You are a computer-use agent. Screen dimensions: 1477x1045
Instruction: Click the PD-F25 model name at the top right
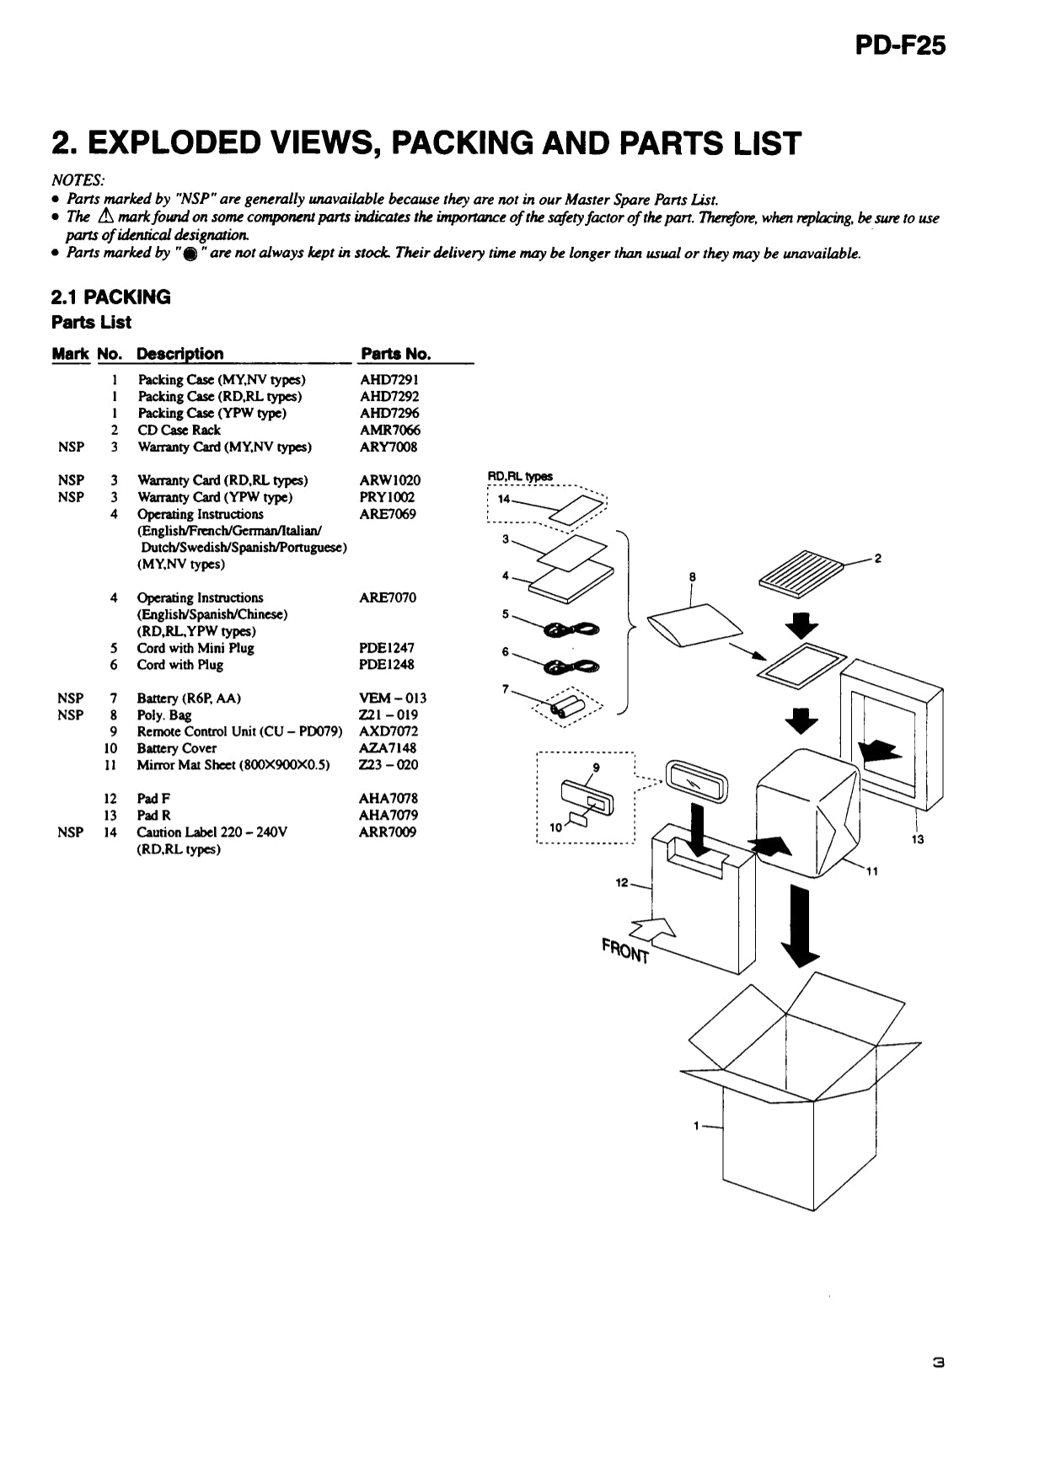click(x=900, y=45)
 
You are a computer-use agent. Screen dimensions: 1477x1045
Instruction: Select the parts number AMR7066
click(x=389, y=430)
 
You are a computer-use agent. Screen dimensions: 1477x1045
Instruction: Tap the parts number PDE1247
click(x=387, y=648)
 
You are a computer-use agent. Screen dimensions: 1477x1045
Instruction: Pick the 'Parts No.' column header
click(x=395, y=354)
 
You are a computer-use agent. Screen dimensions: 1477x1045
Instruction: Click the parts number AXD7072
click(x=388, y=731)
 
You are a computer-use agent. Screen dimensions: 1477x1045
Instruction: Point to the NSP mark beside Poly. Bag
click(x=71, y=714)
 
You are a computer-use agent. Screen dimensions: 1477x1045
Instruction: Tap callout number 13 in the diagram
click(x=917, y=839)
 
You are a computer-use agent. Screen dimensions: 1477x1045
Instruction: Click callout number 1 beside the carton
click(x=696, y=1126)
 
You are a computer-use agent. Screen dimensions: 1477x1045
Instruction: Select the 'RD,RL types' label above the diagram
click(x=520, y=477)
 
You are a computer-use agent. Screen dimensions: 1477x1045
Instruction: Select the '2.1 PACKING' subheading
click(x=110, y=297)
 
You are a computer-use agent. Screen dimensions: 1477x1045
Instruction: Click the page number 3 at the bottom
click(x=938, y=1361)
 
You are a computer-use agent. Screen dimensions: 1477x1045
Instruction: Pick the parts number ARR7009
click(x=387, y=832)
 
